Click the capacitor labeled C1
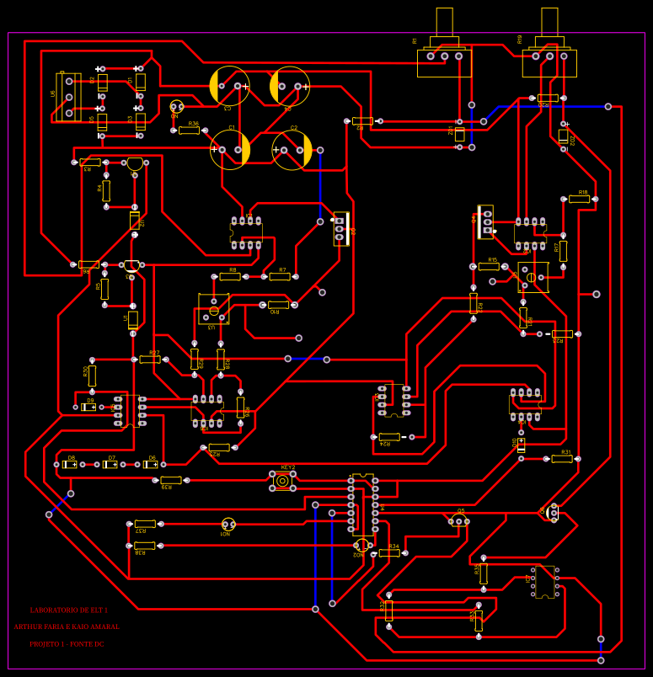pyautogui.click(x=229, y=149)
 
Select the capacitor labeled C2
pyautogui.click(x=292, y=150)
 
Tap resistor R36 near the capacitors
pyautogui.click(x=189, y=131)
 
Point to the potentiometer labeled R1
pyautogui.click(x=444, y=57)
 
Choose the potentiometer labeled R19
pyautogui.click(x=549, y=57)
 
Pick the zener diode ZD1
pyautogui.click(x=460, y=134)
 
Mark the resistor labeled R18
pyautogui.click(x=578, y=199)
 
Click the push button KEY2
pyautogui.click(x=281, y=481)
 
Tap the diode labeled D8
pyautogui.click(x=70, y=464)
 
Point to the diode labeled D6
pyautogui.click(x=150, y=464)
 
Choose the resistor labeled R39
pyautogui.click(x=171, y=480)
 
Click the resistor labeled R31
pyautogui.click(x=562, y=458)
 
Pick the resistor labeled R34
pyautogui.click(x=389, y=552)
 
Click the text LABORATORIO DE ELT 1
pyautogui.click(x=69, y=610)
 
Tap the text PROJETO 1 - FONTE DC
pyautogui.click(x=67, y=644)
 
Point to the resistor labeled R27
pyautogui.click(x=150, y=359)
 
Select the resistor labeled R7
pyautogui.click(x=280, y=276)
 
